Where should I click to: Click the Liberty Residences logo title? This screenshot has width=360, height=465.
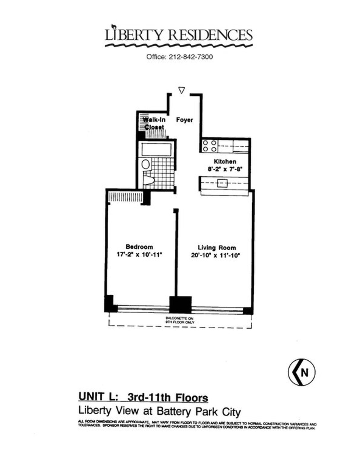179,35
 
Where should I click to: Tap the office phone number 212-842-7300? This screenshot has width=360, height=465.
179,57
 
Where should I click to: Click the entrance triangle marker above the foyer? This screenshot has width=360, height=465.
181,90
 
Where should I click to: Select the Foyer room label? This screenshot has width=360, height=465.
184,120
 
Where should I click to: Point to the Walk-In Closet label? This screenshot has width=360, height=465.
154,123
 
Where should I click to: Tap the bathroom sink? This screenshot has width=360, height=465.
146,164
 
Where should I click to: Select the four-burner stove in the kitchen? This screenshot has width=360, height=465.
210,146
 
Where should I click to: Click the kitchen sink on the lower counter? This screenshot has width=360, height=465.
222,183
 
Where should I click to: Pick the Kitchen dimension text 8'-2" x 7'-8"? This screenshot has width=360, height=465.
225,169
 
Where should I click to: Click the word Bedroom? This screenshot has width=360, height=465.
139,247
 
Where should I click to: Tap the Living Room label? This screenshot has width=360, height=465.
217,248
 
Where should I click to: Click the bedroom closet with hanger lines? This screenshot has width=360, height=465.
124,197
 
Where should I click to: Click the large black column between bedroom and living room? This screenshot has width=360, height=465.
180,304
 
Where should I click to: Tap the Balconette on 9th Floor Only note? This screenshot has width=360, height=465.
180,320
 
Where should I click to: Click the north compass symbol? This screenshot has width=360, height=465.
301,373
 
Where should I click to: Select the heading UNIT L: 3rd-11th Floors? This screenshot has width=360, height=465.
143,397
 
